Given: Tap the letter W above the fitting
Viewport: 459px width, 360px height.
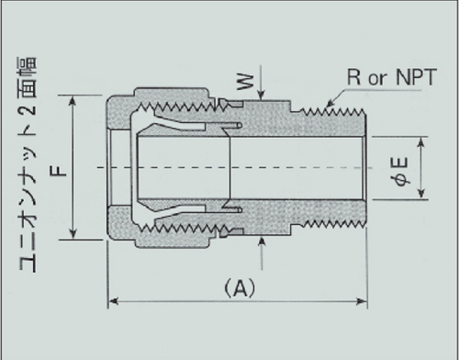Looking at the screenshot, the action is (x=246, y=82).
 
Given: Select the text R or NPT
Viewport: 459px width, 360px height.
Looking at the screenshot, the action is (x=392, y=77).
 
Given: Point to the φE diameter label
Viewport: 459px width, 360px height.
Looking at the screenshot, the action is (x=400, y=172).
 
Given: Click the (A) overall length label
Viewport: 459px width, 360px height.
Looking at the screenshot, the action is (x=240, y=288).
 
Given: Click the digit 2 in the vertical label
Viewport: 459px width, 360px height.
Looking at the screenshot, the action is (x=29, y=108).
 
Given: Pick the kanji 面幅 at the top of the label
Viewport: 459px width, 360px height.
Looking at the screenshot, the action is (x=28, y=77).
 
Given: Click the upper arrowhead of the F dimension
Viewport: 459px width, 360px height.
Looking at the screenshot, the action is (x=73, y=100).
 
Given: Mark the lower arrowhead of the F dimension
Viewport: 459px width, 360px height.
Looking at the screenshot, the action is (x=73, y=234).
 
